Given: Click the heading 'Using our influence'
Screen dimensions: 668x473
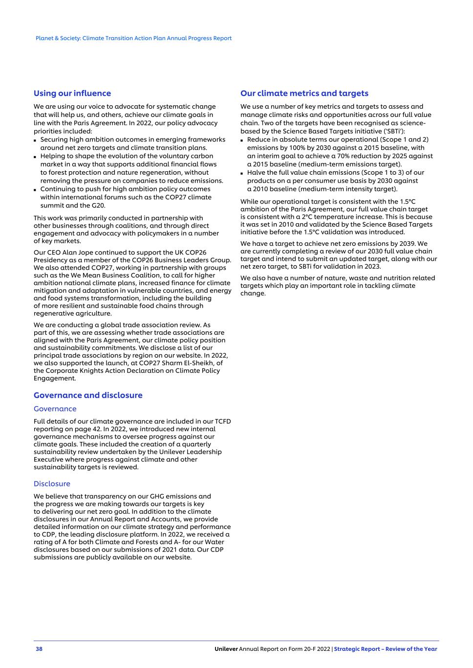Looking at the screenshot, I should click(x=72, y=93).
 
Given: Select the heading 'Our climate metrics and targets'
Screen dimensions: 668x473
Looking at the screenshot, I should click(x=304, y=93).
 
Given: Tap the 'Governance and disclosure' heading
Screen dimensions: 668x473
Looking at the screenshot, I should click(x=88, y=395).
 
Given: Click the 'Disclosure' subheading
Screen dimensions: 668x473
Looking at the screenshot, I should click(x=52, y=484).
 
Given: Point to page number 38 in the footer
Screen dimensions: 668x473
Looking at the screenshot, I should click(x=39, y=649).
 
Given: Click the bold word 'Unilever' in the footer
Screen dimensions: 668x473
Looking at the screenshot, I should click(x=226, y=649).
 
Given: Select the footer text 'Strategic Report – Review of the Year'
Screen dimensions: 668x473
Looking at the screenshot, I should click(x=386, y=649).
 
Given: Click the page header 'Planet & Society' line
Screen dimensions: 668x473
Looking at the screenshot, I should click(x=133, y=38).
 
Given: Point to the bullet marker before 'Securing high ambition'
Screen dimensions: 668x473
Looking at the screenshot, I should click(x=36, y=140).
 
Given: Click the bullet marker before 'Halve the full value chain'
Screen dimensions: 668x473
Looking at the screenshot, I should click(x=242, y=173).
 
